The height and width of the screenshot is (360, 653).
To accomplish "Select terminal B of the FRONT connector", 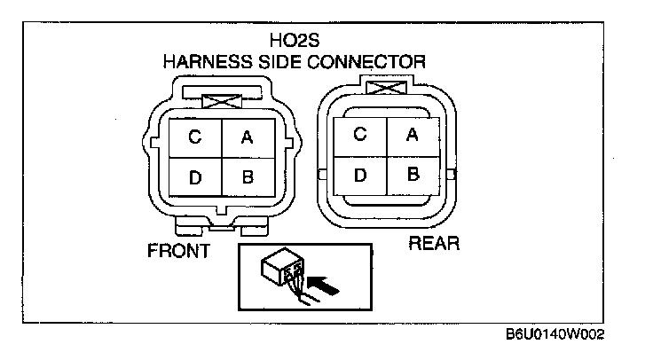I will tap(248, 176).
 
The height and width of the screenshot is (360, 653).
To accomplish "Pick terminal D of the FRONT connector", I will tap(194, 176).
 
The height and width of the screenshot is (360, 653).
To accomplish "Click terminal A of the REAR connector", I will tap(412, 134).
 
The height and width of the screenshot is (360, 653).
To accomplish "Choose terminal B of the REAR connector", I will tap(412, 173).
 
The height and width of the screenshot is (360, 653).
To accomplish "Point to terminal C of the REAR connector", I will tap(359, 134).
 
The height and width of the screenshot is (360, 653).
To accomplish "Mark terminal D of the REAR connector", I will tap(359, 173).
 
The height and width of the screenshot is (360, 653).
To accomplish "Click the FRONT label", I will tap(178, 251).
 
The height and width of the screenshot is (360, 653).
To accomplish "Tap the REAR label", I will tap(432, 242).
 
